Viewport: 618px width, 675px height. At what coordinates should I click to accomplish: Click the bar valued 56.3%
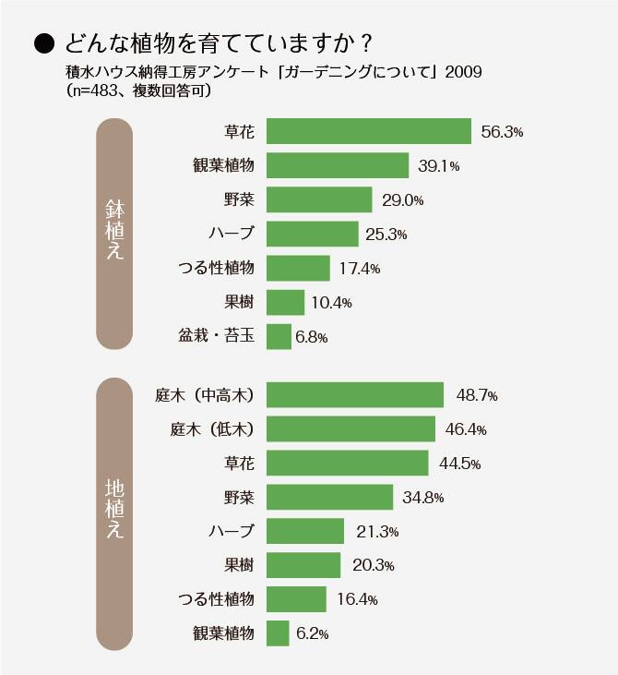click(369, 131)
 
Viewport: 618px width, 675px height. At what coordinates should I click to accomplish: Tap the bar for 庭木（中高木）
click(355, 395)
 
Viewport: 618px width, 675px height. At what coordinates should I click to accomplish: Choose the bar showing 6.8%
click(279, 336)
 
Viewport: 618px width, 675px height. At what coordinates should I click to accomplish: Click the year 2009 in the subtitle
click(463, 72)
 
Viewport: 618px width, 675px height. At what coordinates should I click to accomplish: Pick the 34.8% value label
click(423, 498)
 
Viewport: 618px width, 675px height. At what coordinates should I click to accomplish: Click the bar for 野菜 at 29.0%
click(319, 199)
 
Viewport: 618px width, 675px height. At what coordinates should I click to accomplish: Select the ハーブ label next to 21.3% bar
click(231, 531)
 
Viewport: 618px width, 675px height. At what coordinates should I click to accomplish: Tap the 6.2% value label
click(311, 633)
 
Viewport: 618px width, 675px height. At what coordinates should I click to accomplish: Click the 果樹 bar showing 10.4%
click(285, 302)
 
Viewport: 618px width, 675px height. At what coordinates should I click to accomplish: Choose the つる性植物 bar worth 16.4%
click(296, 599)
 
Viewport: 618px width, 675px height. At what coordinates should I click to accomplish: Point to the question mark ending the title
click(366, 43)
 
